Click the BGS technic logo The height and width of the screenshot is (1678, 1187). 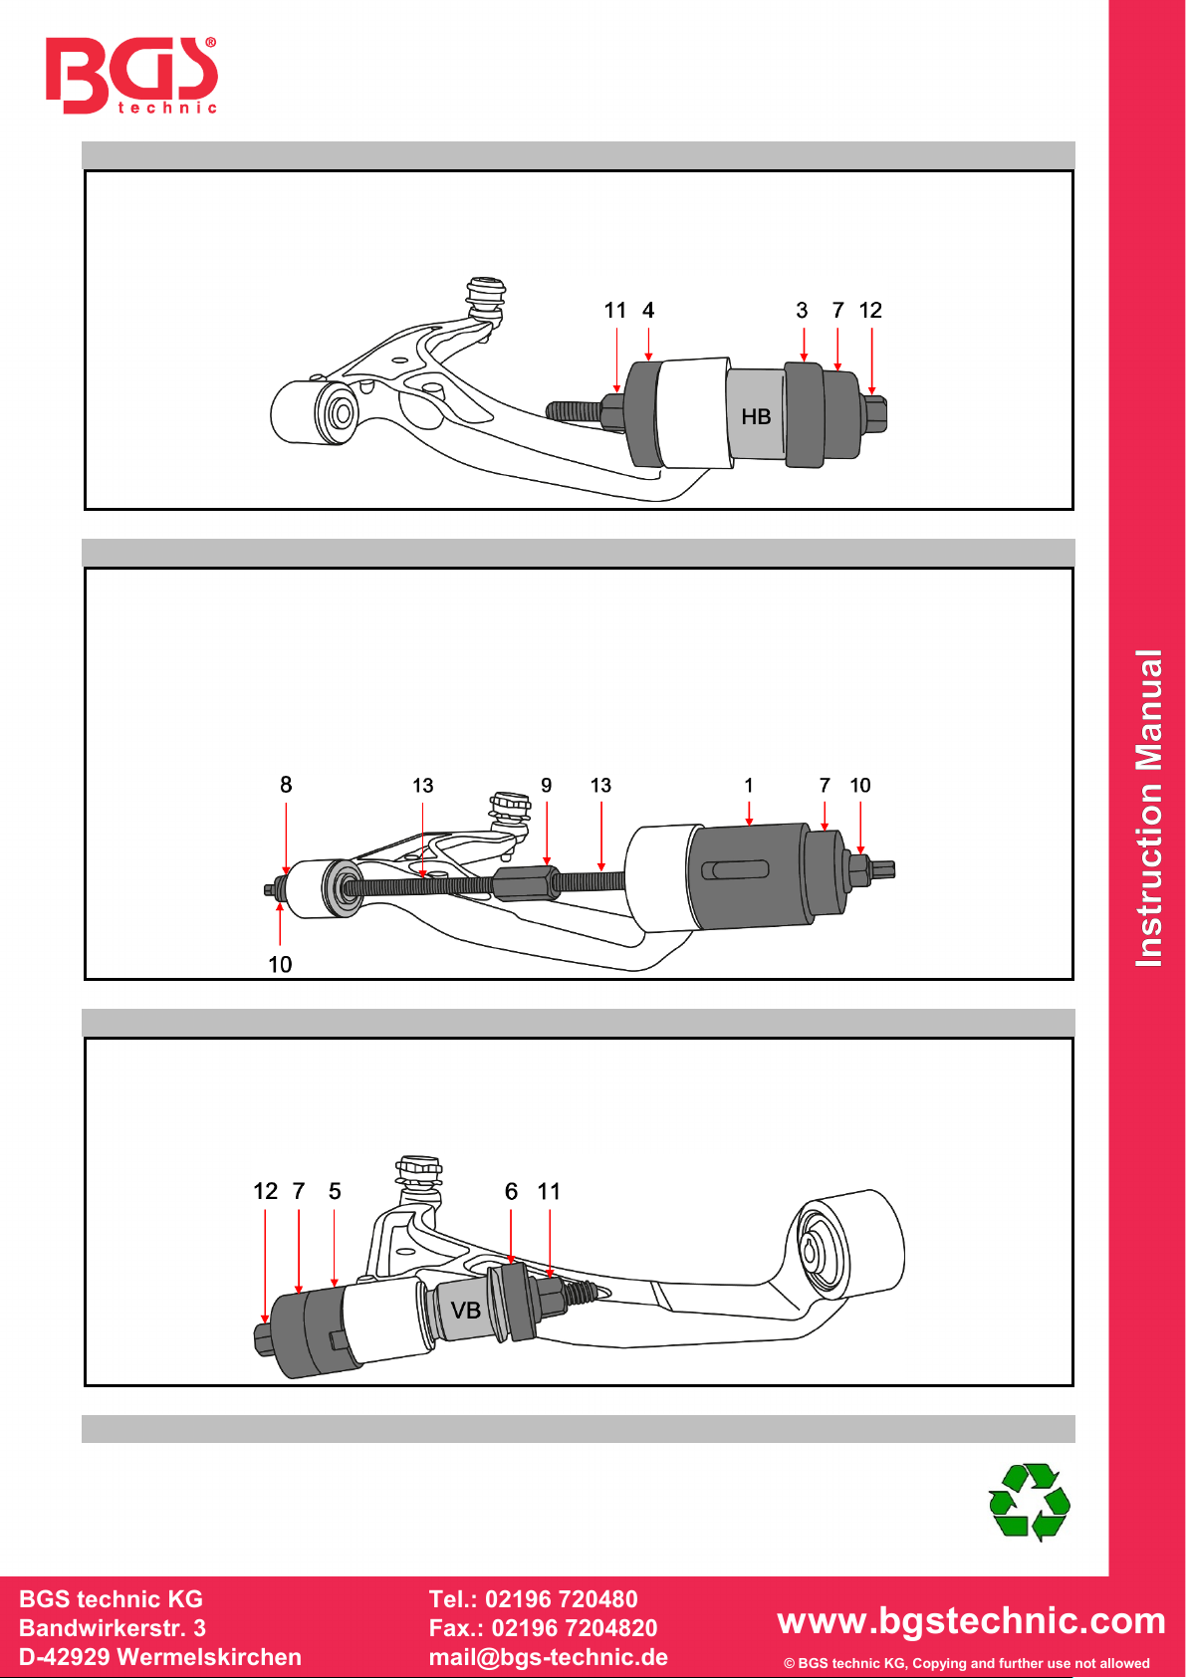[131, 75]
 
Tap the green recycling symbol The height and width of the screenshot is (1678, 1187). [1030, 1501]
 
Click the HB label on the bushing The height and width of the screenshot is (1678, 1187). [756, 416]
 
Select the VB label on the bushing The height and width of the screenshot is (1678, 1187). [465, 1311]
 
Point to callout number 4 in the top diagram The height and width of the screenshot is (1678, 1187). [648, 310]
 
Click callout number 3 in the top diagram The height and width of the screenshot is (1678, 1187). [802, 310]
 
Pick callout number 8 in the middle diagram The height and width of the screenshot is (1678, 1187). [286, 785]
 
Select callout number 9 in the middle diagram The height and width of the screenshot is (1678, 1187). [547, 785]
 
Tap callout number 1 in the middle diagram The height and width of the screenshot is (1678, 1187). [748, 785]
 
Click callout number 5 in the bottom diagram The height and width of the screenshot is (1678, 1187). [335, 1191]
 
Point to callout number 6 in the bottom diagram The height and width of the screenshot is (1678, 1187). [512, 1191]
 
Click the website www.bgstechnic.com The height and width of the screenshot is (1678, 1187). [971, 1621]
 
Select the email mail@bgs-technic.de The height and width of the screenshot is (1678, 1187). [549, 1657]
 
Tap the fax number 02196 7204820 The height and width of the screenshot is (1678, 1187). [575, 1628]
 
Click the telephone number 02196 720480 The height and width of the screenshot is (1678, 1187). [562, 1598]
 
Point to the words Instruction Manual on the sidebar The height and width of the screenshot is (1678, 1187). [1149, 809]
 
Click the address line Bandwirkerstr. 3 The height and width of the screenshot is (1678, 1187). [113, 1628]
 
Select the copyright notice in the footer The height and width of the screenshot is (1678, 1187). [967, 1663]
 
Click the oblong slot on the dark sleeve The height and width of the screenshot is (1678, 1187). [735, 869]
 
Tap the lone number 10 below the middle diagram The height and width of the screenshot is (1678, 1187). [280, 964]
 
